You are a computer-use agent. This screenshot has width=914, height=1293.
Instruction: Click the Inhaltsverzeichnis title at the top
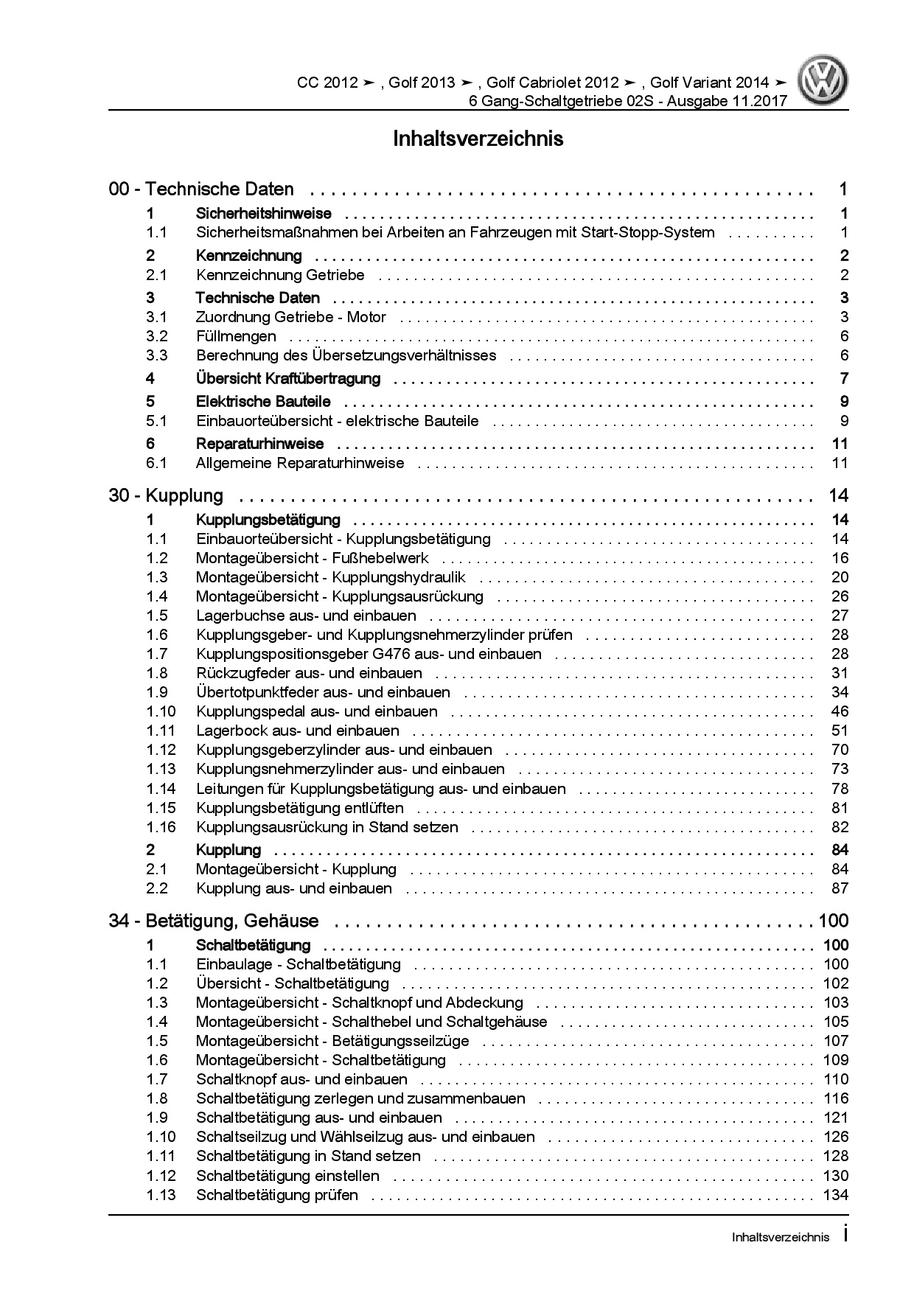[x=478, y=139]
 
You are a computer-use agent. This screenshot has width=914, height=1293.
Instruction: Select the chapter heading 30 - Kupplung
[x=166, y=495]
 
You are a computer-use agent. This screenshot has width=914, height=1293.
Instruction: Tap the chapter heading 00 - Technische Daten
[x=201, y=189]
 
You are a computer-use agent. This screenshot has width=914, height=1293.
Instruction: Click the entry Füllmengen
[x=236, y=336]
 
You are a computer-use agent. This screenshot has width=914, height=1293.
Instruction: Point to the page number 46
[x=840, y=711]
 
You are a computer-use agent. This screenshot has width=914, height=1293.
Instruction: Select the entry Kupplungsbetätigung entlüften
[x=300, y=808]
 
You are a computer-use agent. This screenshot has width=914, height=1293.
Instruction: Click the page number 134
[x=836, y=1195]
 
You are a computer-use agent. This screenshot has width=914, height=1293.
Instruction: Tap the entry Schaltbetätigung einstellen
[x=287, y=1176]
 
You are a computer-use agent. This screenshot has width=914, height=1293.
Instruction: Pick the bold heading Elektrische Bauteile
[x=263, y=402]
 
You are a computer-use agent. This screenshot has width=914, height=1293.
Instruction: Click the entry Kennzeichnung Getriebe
[x=280, y=275]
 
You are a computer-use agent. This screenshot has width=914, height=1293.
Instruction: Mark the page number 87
[x=840, y=888]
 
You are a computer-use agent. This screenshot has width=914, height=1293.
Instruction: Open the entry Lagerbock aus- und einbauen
[x=297, y=731]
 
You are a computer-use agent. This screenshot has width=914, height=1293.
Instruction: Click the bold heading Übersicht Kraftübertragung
[x=288, y=379]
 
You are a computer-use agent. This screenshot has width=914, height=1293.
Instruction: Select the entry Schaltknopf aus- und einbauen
[x=301, y=1079]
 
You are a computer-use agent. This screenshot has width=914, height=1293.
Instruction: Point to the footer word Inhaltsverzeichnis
[x=781, y=1238]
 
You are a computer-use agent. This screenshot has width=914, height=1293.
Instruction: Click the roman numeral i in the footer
[x=845, y=1236]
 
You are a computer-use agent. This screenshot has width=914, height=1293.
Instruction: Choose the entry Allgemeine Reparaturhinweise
[x=300, y=463]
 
